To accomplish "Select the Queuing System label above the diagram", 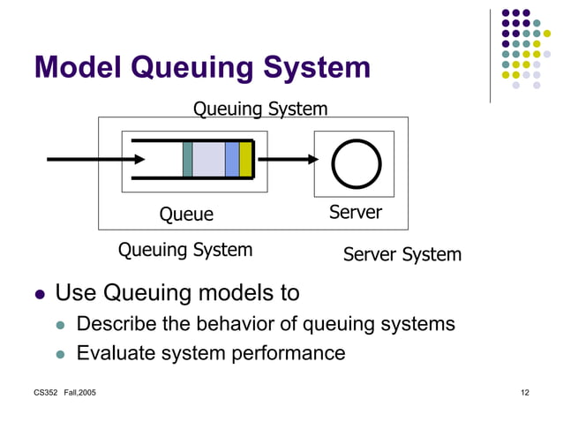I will [260, 109].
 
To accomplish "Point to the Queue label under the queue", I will [186, 214].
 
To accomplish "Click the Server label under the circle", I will [355, 212].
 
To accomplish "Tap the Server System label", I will [402, 255].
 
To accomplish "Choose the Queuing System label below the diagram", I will [185, 250].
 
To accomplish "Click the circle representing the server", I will [355, 162].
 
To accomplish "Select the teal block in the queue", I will [187, 159].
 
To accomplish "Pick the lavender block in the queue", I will [208, 159].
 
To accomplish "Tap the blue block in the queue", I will [231, 159].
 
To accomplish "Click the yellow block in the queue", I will [245, 159].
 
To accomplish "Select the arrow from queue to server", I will [288, 160].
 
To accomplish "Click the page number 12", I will [524, 392].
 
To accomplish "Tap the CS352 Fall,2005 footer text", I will [64, 392].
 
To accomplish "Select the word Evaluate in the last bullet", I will [116, 353].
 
